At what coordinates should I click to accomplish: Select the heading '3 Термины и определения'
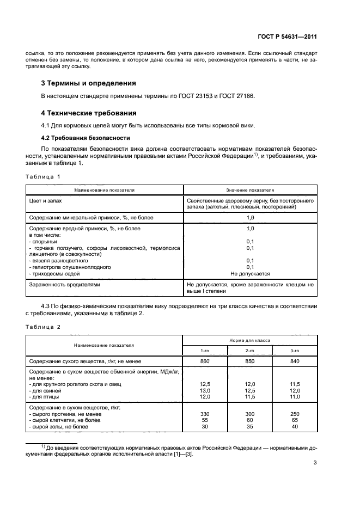pyautogui.click(x=89, y=83)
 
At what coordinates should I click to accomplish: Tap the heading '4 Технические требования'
pyautogui.click(x=89, y=113)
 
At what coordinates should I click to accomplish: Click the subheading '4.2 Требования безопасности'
pyautogui.click(x=86, y=137)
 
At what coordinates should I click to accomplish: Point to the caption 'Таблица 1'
pyautogui.click(x=42, y=176)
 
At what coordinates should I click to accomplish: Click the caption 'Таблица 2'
pyautogui.click(x=42, y=327)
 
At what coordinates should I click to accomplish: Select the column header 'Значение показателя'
pyautogui.click(x=250, y=191)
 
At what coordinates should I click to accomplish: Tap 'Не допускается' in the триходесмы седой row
pyautogui.click(x=250, y=274)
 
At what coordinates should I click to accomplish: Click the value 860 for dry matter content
pyautogui.click(x=205, y=361)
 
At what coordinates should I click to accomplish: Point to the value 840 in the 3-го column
pyautogui.click(x=295, y=361)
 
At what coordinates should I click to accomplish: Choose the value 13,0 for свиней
pyautogui.click(x=205, y=391)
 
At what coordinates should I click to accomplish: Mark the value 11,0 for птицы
pyautogui.click(x=295, y=397)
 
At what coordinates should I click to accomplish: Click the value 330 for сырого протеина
pyautogui.click(x=205, y=414)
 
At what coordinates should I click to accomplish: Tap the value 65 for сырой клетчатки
pyautogui.click(x=295, y=421)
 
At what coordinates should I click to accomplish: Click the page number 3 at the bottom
pyautogui.click(x=315, y=463)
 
